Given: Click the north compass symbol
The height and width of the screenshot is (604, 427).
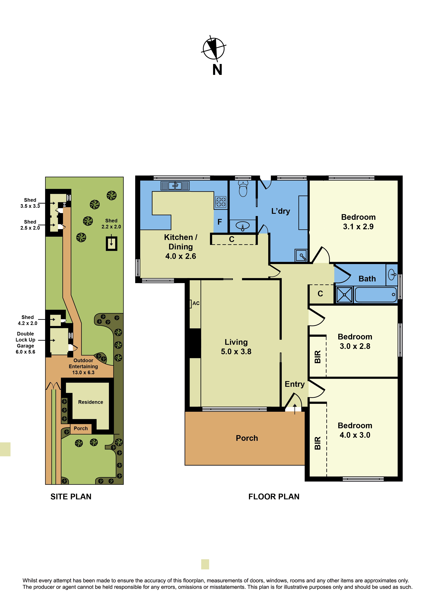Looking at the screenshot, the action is (214, 49).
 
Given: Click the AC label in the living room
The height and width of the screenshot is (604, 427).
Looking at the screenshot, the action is (196, 303).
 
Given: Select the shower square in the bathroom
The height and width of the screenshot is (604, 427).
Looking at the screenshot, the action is (344, 295).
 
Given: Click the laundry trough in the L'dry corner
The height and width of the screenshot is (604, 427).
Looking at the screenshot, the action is (301, 255).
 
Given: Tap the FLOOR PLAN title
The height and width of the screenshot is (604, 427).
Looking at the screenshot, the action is (274, 497).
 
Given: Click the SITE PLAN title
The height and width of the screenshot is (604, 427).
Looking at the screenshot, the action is (71, 497).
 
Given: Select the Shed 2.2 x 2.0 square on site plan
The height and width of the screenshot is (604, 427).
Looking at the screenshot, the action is (112, 244).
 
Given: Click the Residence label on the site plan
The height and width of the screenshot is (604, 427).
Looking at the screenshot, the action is (91, 402).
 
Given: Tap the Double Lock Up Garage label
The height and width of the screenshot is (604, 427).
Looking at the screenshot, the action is (25, 343).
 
